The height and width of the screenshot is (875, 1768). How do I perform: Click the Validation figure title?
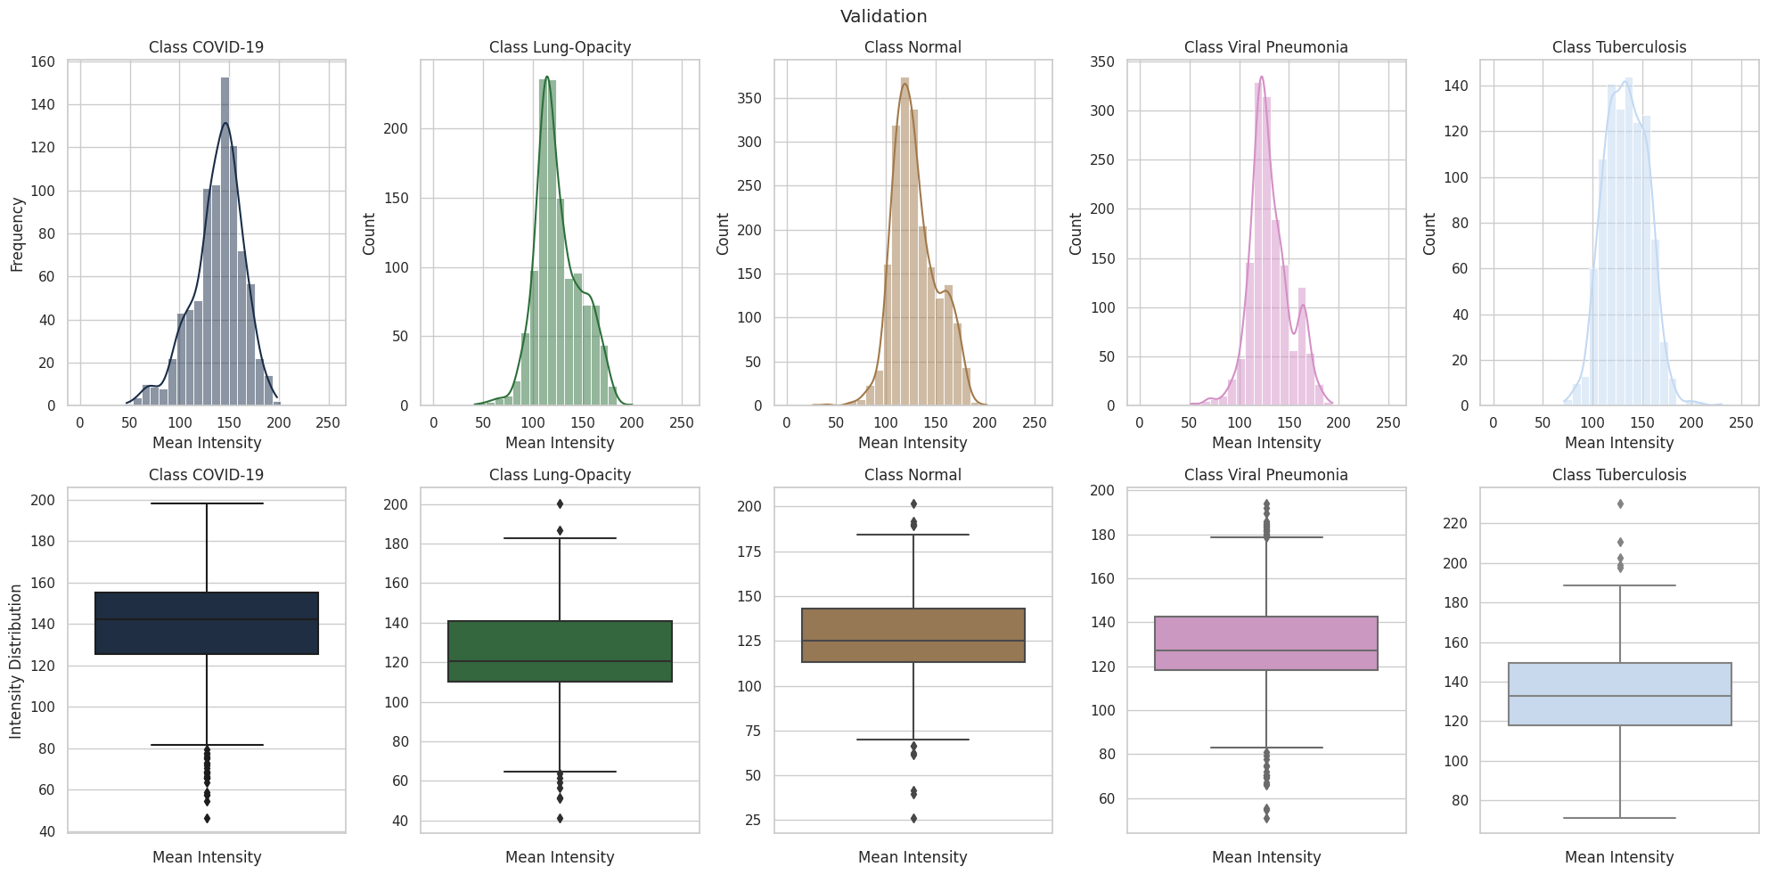[883, 16]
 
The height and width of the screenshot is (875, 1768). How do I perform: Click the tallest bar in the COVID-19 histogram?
[225, 241]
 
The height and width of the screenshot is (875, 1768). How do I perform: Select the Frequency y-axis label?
[17, 234]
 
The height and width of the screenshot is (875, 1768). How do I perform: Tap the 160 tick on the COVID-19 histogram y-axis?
[43, 62]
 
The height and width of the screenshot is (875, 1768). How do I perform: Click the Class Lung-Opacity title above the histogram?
[560, 47]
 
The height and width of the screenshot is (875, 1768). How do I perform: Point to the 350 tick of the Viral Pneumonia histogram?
[1102, 62]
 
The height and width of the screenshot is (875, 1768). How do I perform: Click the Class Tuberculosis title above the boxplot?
[1619, 475]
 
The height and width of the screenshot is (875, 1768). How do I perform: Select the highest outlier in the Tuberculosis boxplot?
[1620, 504]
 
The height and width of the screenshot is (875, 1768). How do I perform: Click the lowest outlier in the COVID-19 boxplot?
[207, 818]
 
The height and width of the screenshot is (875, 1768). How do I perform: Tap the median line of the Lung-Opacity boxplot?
[560, 661]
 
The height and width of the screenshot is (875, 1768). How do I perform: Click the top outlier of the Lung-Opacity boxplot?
[560, 504]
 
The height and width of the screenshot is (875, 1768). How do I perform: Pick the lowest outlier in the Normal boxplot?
[913, 818]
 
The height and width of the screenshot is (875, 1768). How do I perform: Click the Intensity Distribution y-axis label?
[16, 661]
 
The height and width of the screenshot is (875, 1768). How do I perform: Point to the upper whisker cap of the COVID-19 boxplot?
[207, 503]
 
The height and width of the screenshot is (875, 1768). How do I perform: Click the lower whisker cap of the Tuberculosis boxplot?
[1619, 818]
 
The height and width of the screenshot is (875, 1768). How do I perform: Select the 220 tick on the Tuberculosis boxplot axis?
[1455, 524]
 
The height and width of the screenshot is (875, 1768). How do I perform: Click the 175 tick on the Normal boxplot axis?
[749, 552]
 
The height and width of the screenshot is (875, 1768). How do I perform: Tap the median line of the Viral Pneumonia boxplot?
[1266, 650]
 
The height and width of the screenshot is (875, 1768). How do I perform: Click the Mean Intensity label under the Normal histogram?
[913, 443]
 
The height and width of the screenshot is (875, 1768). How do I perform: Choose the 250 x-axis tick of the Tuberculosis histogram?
[1740, 423]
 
